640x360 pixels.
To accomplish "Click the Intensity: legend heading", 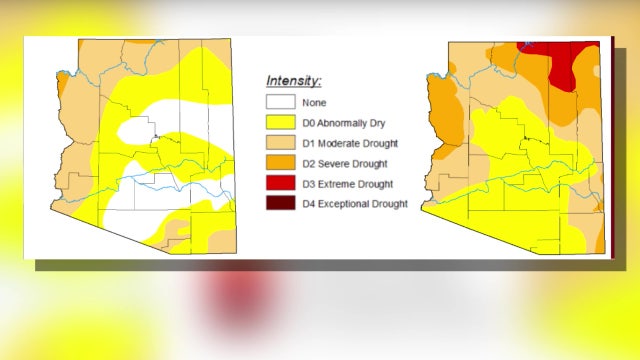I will coord(293,80).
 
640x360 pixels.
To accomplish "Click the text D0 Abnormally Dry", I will coord(345,121).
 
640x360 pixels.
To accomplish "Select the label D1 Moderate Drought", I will coord(351,142).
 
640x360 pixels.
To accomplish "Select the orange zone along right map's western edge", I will coord(441,110).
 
